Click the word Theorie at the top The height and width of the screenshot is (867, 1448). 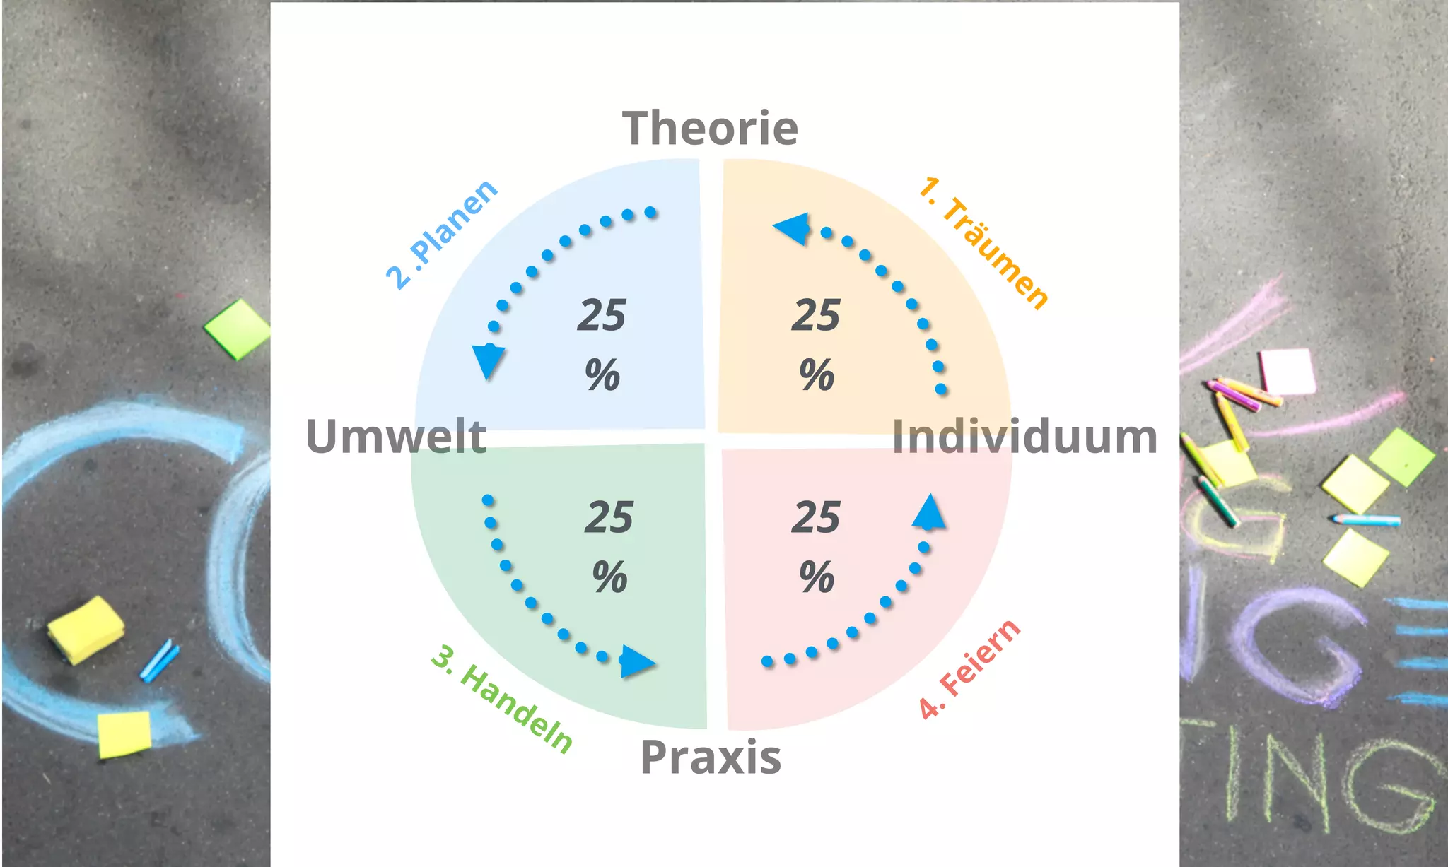point(710,129)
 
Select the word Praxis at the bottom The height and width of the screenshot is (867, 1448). point(710,757)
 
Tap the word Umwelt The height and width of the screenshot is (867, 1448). point(396,436)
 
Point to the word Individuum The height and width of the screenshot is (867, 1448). point(1024,436)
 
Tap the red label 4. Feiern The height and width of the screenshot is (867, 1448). point(969,668)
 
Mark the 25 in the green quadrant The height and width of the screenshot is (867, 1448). point(609,517)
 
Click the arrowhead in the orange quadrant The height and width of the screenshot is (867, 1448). point(792,228)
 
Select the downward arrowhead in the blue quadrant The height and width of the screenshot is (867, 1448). point(488,360)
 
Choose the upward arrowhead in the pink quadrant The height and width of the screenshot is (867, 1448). point(929,512)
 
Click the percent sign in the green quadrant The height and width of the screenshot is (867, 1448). point(609,577)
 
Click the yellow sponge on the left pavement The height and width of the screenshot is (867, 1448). point(86,628)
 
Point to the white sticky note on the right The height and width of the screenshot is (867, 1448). point(1288,371)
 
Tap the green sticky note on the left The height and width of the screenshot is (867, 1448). point(238,329)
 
